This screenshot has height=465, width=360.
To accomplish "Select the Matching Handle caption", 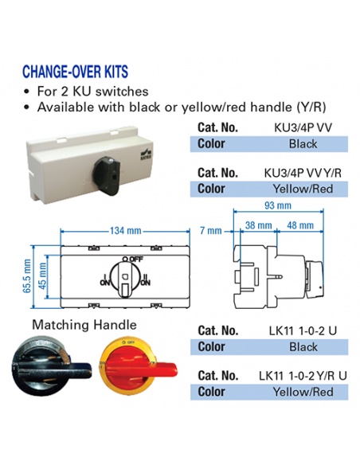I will pos(83,325).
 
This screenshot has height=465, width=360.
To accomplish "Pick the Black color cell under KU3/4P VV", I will pos(303,143).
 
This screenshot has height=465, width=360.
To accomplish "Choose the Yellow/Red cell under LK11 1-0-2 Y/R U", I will pos(303,392).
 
